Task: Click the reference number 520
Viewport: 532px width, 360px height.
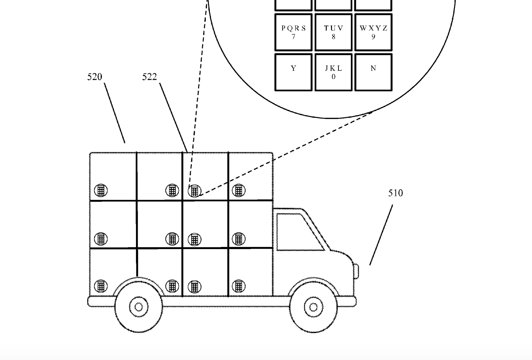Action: click(95, 77)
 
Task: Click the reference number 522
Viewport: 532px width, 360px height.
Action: click(150, 77)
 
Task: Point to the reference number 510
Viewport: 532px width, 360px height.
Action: click(395, 193)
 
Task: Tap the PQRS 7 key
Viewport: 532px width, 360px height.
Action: click(293, 33)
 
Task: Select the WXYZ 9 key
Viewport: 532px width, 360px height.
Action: click(373, 33)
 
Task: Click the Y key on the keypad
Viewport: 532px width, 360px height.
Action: click(293, 72)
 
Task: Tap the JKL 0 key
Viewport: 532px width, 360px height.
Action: click(333, 72)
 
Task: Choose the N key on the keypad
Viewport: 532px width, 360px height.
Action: click(373, 72)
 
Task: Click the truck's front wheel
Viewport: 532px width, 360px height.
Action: click(313, 307)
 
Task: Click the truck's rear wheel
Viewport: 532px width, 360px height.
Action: click(139, 307)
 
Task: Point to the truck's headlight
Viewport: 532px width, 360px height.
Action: click(357, 271)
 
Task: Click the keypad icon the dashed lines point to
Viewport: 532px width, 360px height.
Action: click(195, 191)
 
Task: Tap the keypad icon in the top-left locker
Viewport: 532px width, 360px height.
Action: click(101, 190)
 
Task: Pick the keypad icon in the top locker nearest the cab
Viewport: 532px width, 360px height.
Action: click(239, 190)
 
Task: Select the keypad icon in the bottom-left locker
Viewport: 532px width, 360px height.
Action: click(101, 286)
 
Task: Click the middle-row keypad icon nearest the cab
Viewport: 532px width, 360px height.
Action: click(239, 239)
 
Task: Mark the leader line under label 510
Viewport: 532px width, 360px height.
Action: click(381, 235)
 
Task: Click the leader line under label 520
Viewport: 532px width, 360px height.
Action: click(115, 113)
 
